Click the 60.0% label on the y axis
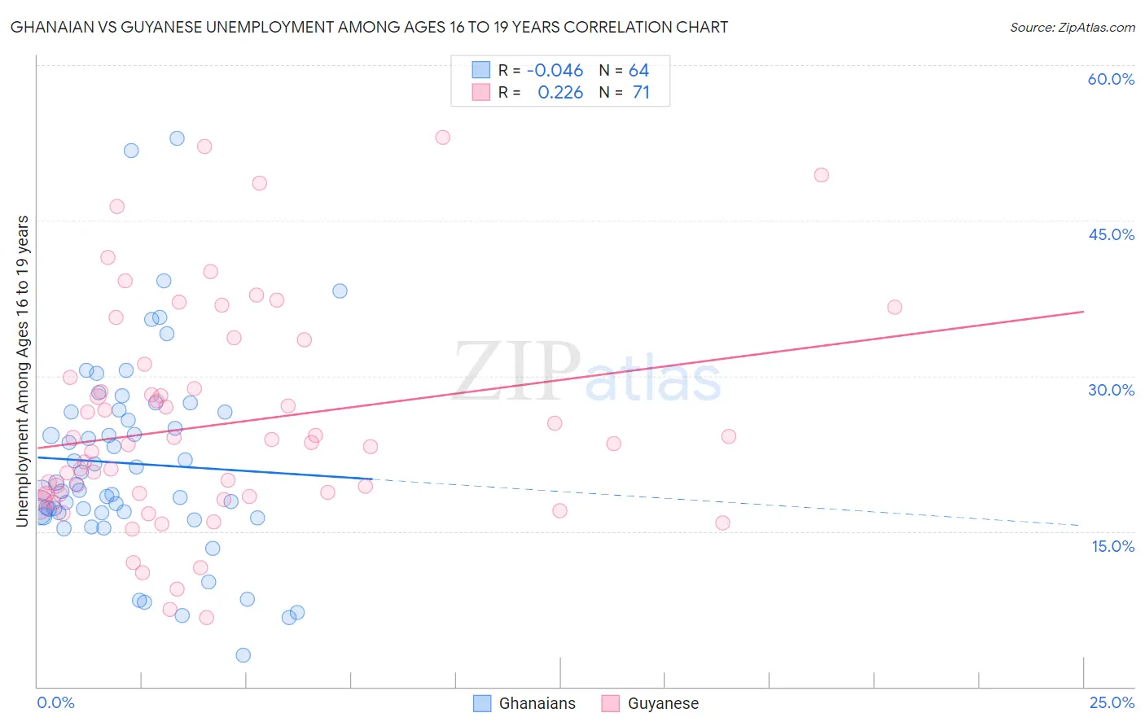click(1111, 79)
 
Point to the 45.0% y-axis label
click(1111, 234)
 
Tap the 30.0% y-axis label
click(1111, 390)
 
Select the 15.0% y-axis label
click(1112, 546)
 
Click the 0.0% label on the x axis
click(55, 702)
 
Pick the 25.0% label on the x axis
click(1112, 702)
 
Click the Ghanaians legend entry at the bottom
click(525, 703)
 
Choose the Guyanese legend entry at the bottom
click(651, 703)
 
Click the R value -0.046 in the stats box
click(555, 71)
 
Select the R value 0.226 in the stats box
click(560, 93)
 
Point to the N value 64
click(638, 71)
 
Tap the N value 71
click(641, 93)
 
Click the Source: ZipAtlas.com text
click(1072, 27)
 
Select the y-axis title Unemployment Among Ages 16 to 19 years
click(23, 371)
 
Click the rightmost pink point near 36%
click(894, 307)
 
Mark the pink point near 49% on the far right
click(821, 175)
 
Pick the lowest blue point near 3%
click(243, 655)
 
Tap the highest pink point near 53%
click(442, 138)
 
